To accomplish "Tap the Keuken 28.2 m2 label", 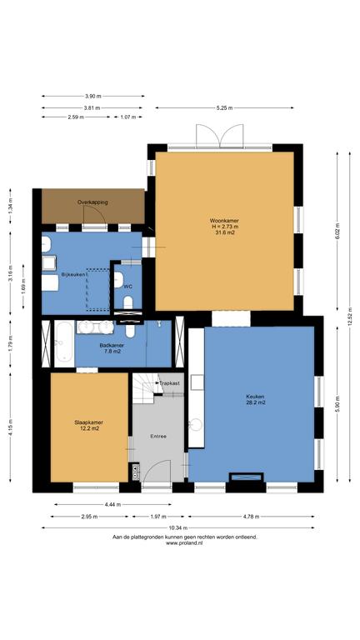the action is [256, 399].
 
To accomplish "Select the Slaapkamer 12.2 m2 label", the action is [88, 425].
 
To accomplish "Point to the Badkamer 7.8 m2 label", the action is [112, 347].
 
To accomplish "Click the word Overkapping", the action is [92, 202].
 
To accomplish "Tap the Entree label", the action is [158, 437].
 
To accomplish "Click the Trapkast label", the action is [169, 383].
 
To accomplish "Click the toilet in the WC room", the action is [128, 302].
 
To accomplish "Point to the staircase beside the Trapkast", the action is [147, 387].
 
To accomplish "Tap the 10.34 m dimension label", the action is [177, 527].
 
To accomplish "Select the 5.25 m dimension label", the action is [224, 107].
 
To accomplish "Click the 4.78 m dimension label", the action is [251, 517].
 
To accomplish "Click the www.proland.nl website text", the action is [184, 543].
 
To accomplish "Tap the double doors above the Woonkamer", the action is [220, 136].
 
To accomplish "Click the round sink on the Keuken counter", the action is [196, 425].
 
